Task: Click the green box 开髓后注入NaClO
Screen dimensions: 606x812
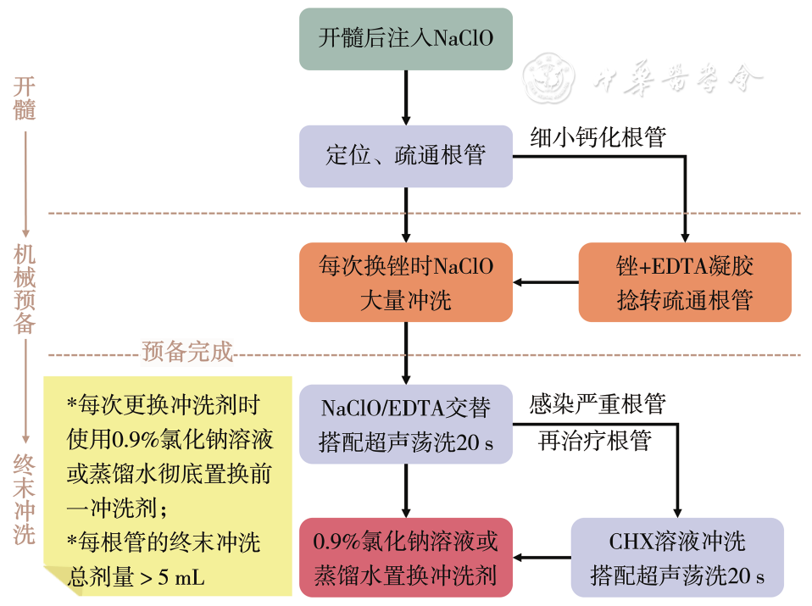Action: [405, 39]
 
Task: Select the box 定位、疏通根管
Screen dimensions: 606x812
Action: [405, 156]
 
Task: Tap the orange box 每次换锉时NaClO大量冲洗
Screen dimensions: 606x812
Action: [405, 282]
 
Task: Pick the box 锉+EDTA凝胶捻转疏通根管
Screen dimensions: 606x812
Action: [684, 282]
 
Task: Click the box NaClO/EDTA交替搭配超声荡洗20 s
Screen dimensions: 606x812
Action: [405, 424]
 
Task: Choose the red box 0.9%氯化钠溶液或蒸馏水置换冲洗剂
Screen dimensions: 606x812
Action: [405, 557]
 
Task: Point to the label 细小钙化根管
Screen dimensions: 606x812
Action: [598, 137]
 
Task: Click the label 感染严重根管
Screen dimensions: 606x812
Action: [598, 403]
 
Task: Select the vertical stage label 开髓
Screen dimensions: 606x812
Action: [25, 98]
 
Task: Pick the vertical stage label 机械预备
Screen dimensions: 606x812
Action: [25, 289]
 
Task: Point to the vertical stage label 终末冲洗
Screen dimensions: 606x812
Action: [25, 499]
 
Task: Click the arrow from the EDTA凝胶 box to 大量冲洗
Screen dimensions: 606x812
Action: [546, 282]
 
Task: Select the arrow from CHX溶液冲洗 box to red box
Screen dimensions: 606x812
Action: [542, 557]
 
